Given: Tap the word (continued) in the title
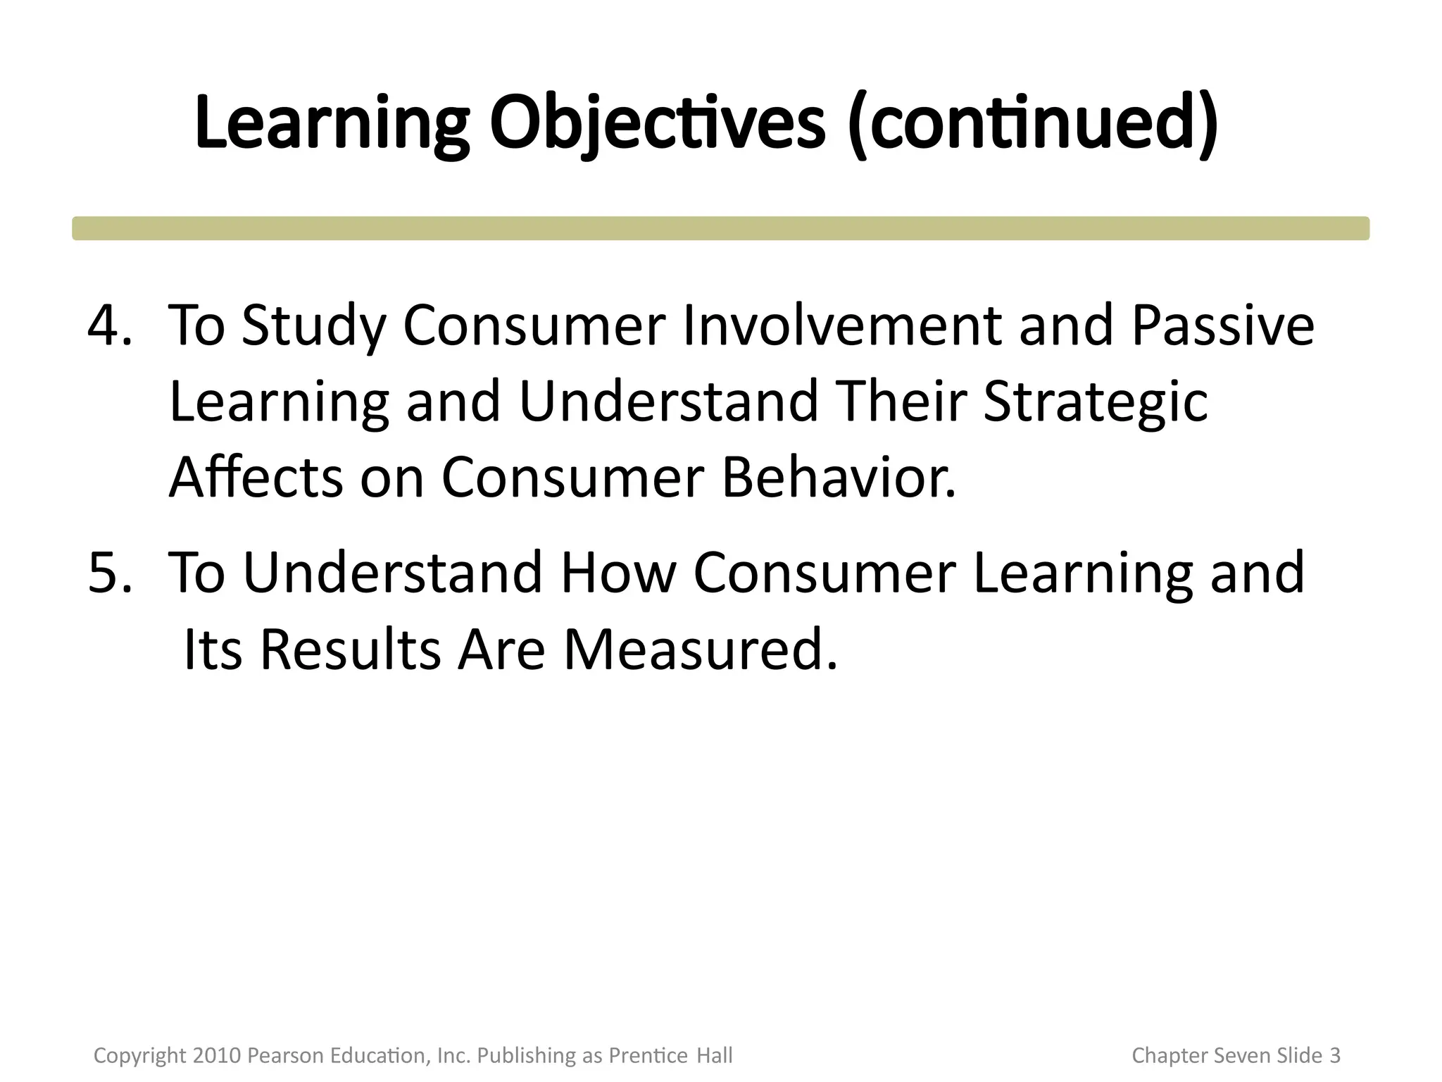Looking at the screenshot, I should click(1033, 123).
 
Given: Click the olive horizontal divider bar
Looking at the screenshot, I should click(720, 228).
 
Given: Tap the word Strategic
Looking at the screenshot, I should click(1095, 402).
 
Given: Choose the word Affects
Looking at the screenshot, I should click(256, 478).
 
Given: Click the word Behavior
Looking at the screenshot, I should click(839, 478).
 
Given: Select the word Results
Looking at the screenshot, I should click(350, 649).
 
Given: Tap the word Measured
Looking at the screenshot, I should click(700, 649).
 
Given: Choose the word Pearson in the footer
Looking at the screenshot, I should click(280, 1055).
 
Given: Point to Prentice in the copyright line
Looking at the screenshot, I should click(648, 1055).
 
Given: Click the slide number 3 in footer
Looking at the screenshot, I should click(1334, 1055).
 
